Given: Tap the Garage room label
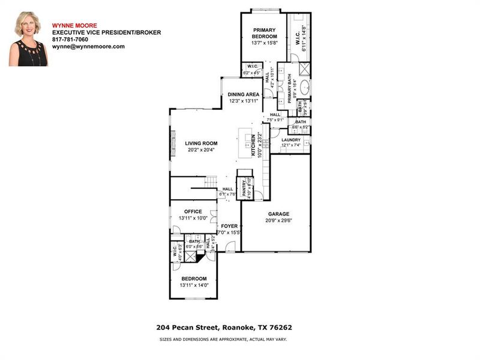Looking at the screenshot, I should (278, 214).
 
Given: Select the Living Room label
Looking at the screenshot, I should (200, 143).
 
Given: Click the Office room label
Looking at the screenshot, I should (193, 211).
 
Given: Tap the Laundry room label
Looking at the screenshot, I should (291, 140).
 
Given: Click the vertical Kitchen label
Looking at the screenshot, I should (253, 145).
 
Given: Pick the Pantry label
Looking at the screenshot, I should (244, 188).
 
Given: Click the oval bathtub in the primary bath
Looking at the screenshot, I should (305, 87).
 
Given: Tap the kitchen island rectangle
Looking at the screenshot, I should (246, 143).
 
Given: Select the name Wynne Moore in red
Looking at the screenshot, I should (70, 25).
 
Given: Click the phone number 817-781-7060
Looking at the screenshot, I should (70, 39).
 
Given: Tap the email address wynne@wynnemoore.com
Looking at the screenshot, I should (88, 46).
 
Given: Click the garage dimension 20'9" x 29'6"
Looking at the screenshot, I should (278, 220).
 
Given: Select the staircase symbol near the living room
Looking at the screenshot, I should (211, 181).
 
